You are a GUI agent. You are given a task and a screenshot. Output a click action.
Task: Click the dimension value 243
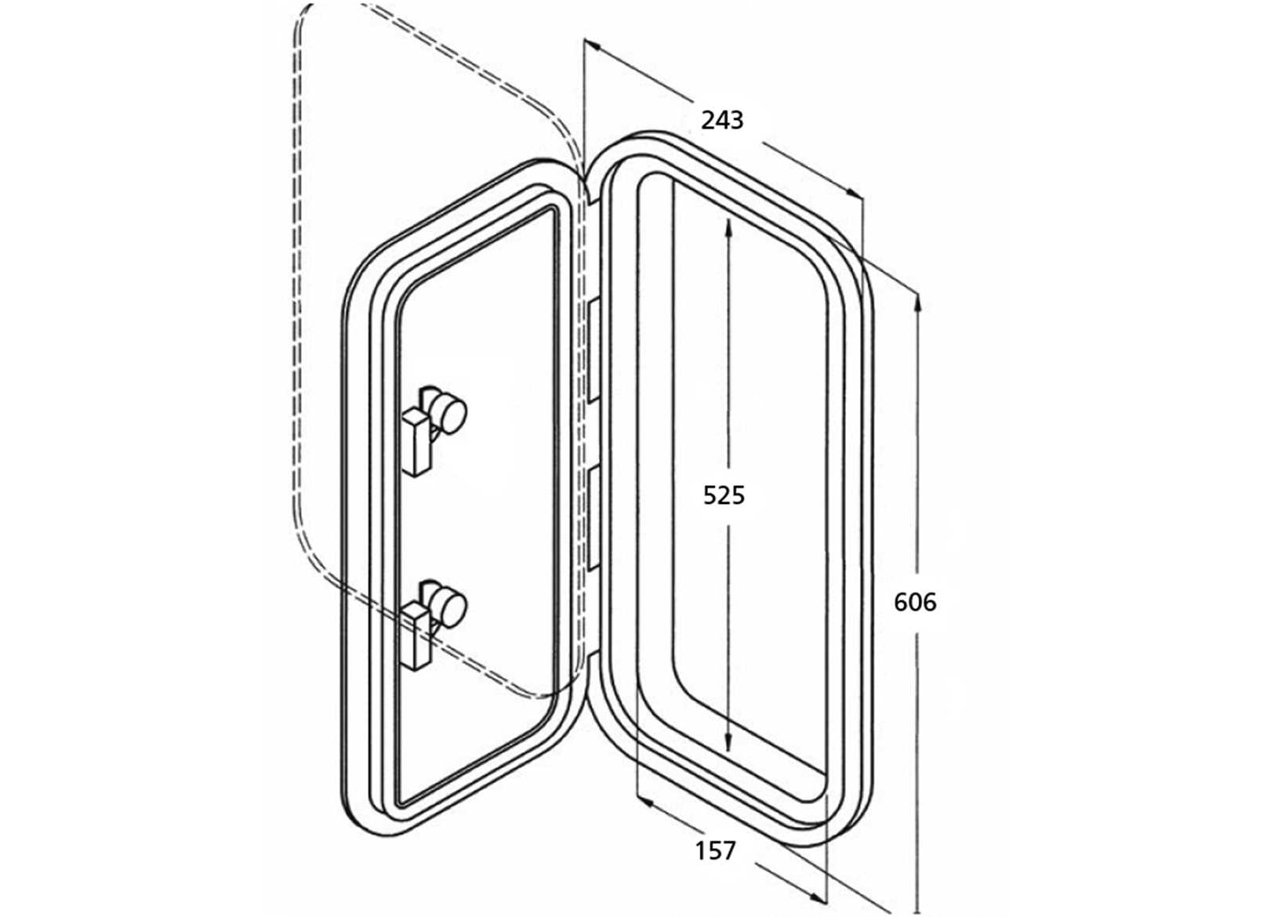click(721, 120)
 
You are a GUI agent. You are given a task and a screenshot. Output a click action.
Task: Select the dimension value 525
click(723, 495)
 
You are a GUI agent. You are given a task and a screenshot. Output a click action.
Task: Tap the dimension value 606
click(915, 602)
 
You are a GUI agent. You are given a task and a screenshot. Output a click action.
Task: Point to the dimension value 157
click(715, 850)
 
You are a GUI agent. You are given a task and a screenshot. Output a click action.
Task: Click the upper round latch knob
click(449, 412)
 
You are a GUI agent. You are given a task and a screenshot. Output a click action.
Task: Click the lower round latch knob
click(450, 607)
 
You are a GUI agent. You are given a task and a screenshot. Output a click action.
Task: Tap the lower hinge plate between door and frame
click(593, 518)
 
